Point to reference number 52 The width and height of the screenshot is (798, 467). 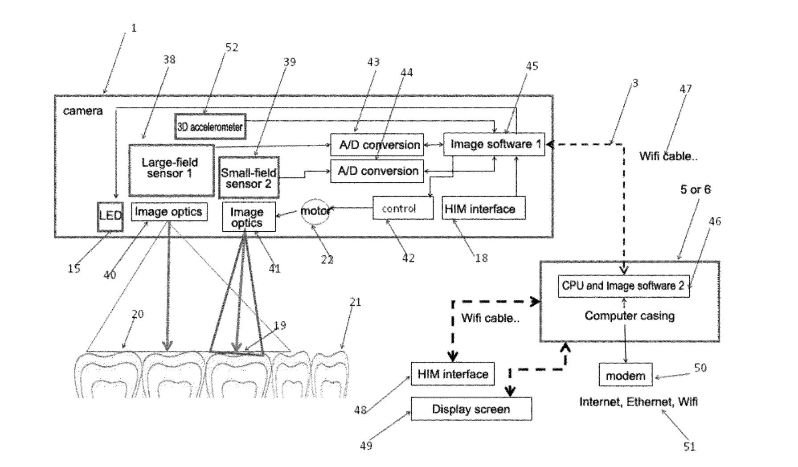point(232,47)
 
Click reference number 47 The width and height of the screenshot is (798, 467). point(686,89)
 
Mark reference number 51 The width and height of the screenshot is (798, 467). point(689,447)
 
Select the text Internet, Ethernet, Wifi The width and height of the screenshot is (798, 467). point(638,402)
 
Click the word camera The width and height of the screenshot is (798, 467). point(83,111)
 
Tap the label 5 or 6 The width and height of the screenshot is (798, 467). point(696,189)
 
